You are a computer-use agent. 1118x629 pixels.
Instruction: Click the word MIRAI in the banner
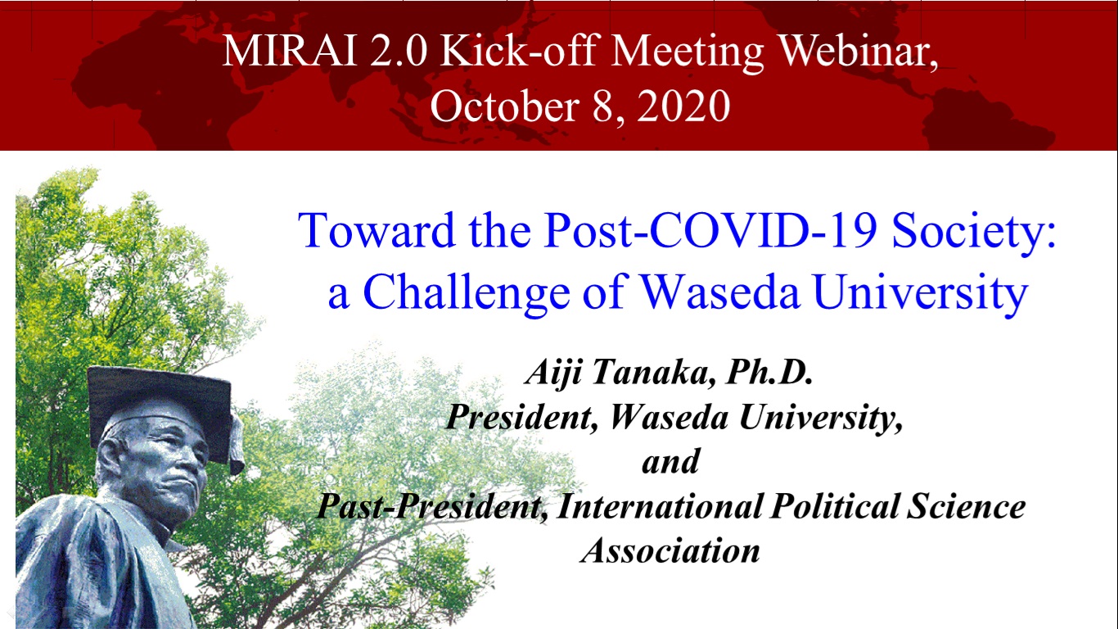pos(290,51)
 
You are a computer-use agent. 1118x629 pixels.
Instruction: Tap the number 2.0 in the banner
pos(399,51)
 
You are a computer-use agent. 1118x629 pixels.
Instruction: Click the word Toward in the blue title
pos(376,230)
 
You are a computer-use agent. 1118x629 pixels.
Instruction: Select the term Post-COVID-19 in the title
pos(710,230)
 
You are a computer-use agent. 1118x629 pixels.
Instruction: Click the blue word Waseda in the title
pos(719,292)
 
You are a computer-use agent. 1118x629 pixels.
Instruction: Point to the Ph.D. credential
pos(769,372)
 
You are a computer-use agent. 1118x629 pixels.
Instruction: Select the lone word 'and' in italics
pos(671,461)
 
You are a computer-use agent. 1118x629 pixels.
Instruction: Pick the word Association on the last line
pos(670,550)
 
